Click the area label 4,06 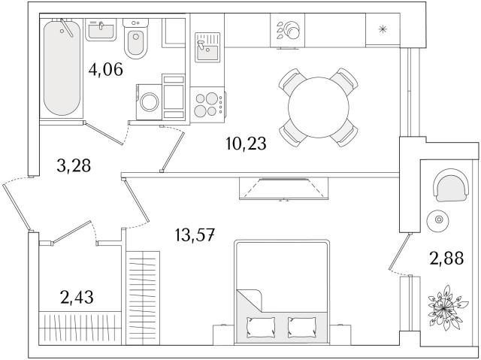[106, 70]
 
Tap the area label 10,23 [246, 144]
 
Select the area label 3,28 [74, 166]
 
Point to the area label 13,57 [195, 235]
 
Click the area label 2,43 [77, 297]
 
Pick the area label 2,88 [446, 259]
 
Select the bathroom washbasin [101, 29]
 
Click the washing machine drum [150, 101]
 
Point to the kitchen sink [207, 47]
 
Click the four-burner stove [207, 104]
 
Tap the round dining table [319, 107]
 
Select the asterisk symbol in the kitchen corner [383, 29]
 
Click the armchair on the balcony [451, 185]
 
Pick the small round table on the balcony [437, 220]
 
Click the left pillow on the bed [261, 327]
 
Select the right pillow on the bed [302, 327]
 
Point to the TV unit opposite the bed [284, 189]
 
